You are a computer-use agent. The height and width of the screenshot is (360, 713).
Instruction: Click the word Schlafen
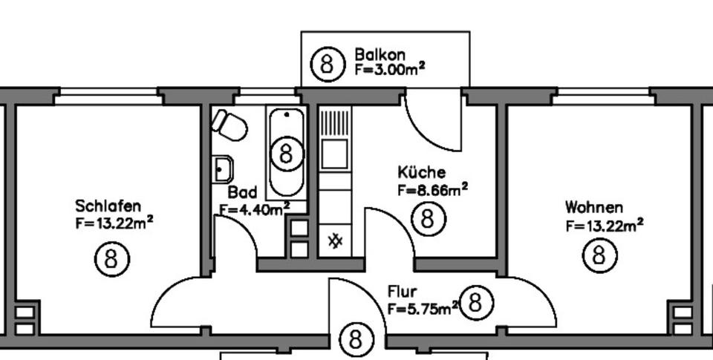tap(108, 206)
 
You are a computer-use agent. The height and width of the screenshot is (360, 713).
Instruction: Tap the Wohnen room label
tap(594, 207)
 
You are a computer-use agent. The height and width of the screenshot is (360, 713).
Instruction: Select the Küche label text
tap(421, 173)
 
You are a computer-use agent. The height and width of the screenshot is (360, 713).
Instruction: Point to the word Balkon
tap(380, 54)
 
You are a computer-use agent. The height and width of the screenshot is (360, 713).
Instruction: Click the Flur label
tap(402, 292)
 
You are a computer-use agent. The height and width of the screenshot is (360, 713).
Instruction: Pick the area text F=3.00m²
tap(389, 69)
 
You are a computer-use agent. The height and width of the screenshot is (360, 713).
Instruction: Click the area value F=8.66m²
tap(432, 189)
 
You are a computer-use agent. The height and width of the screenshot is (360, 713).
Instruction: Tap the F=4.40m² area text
tap(254, 209)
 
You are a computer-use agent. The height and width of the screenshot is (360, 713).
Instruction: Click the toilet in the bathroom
tap(229, 125)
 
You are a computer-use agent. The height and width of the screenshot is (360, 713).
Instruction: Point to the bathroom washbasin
tap(222, 169)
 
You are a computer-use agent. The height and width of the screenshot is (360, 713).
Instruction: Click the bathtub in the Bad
tap(286, 152)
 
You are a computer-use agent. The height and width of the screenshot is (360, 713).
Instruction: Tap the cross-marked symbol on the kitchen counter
tap(335, 240)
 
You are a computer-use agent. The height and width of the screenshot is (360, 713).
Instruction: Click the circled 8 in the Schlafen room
tap(112, 260)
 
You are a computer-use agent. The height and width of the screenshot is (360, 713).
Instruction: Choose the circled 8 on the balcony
tap(328, 64)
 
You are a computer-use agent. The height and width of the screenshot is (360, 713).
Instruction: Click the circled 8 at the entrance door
tap(356, 340)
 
